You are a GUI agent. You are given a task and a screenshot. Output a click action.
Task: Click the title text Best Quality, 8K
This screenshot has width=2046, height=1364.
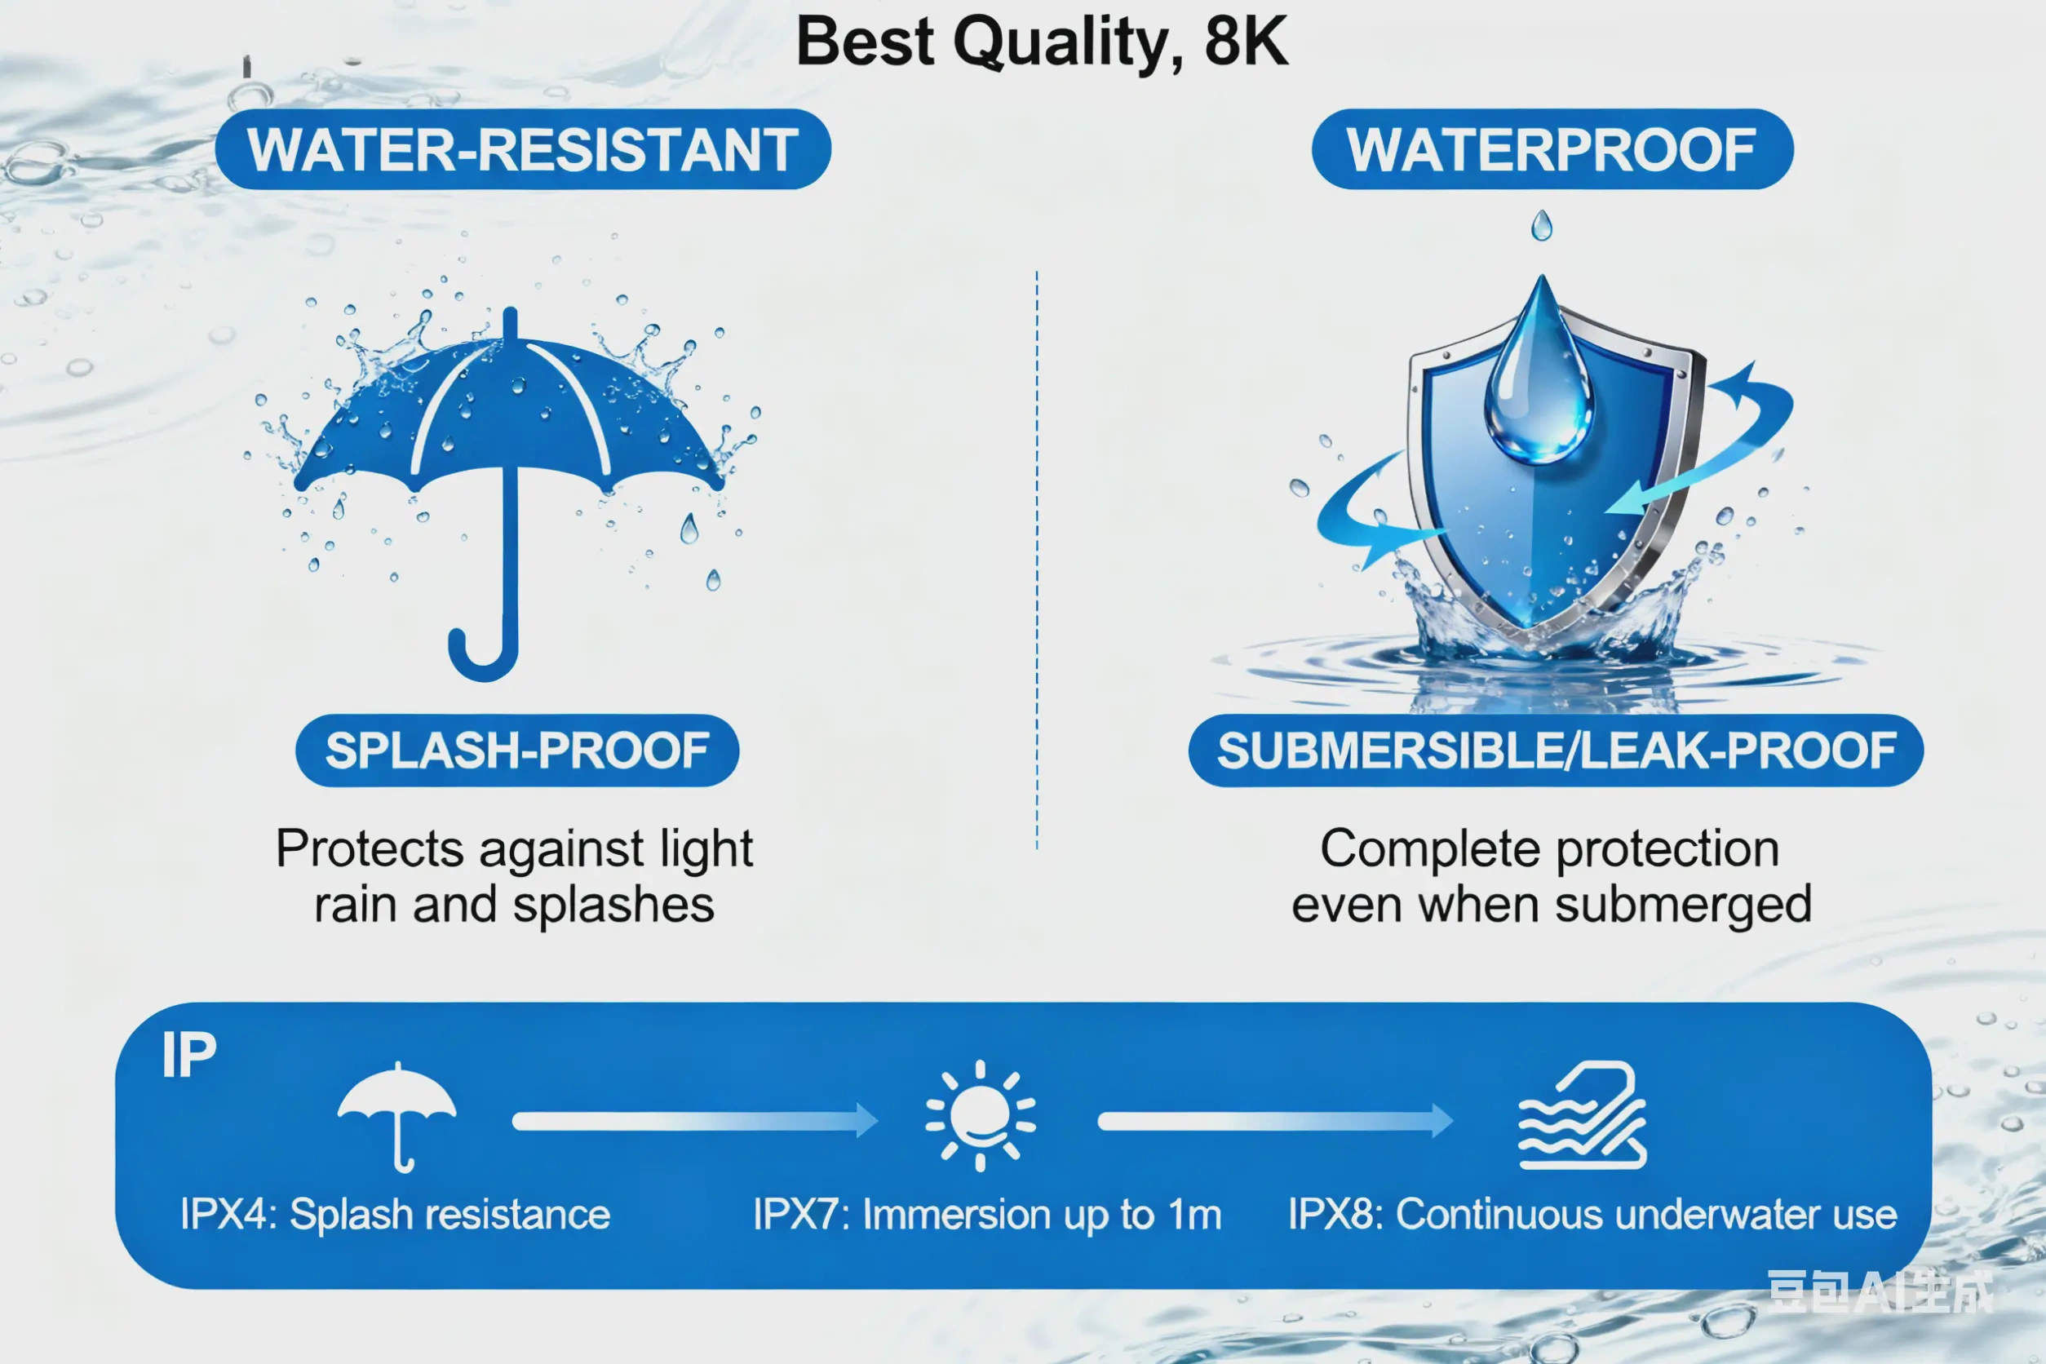point(1041,42)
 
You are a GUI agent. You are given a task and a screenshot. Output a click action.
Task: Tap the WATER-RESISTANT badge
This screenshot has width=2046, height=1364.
point(523,149)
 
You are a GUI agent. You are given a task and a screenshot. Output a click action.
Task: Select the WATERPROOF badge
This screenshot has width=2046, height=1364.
point(1552,149)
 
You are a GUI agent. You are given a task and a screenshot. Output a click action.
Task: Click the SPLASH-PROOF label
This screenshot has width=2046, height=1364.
point(517,751)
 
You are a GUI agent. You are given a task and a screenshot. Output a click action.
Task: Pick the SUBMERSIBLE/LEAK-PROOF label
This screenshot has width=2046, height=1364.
point(1556,751)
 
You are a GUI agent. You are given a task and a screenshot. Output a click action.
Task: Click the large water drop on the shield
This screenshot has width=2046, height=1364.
point(1539,383)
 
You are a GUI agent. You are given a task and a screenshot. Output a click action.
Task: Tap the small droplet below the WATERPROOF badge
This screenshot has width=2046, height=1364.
point(1542,226)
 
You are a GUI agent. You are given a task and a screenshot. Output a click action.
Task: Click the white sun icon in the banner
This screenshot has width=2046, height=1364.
point(981,1115)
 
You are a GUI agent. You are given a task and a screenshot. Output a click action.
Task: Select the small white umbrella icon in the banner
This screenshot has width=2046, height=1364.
point(396,1114)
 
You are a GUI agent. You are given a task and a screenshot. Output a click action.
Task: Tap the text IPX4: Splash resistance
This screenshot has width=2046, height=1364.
point(395,1215)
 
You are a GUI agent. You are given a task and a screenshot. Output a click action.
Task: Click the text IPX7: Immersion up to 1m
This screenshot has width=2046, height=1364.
point(987,1215)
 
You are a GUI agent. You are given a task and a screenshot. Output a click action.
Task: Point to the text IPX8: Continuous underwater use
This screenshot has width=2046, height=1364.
point(1592,1215)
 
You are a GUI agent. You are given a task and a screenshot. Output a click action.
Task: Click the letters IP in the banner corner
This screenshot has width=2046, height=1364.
point(188,1055)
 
